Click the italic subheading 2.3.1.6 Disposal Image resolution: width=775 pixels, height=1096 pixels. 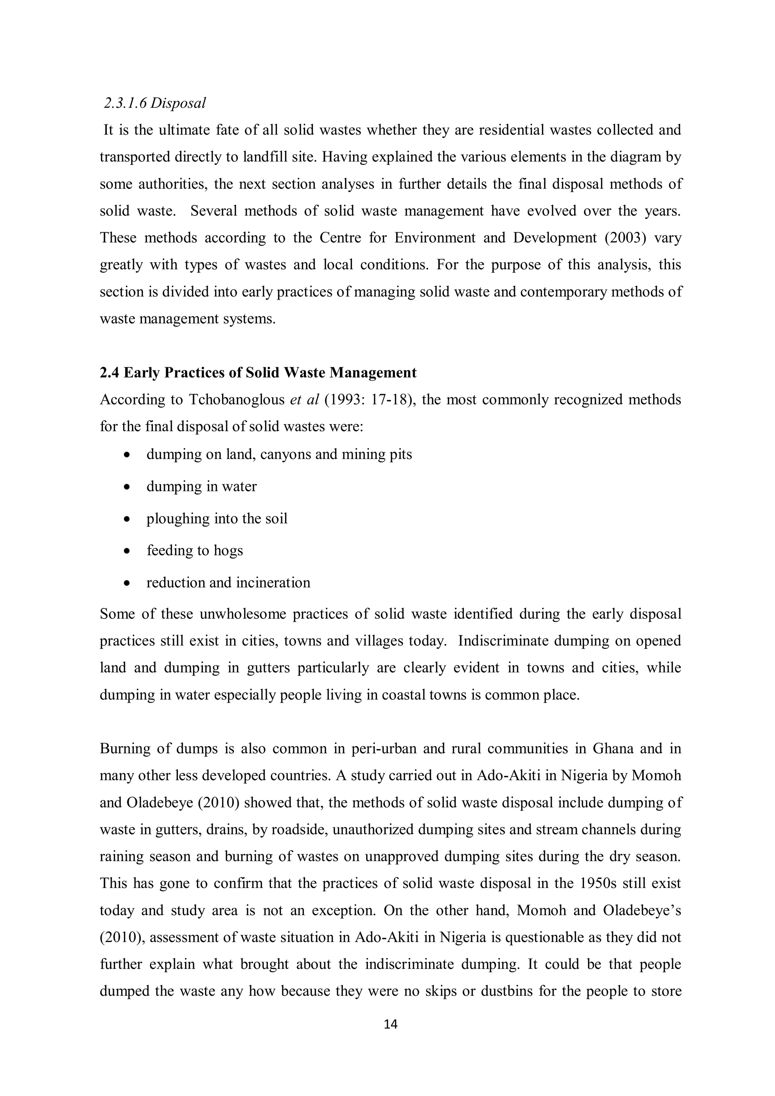[155, 103]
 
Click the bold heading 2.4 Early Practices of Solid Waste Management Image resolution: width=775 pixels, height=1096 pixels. [258, 372]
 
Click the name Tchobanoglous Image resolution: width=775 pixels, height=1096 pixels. [237, 400]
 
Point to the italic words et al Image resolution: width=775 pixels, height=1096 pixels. [304, 400]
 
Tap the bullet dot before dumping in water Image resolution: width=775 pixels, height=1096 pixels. [126, 487]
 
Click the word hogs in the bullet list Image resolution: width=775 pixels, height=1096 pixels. [228, 550]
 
